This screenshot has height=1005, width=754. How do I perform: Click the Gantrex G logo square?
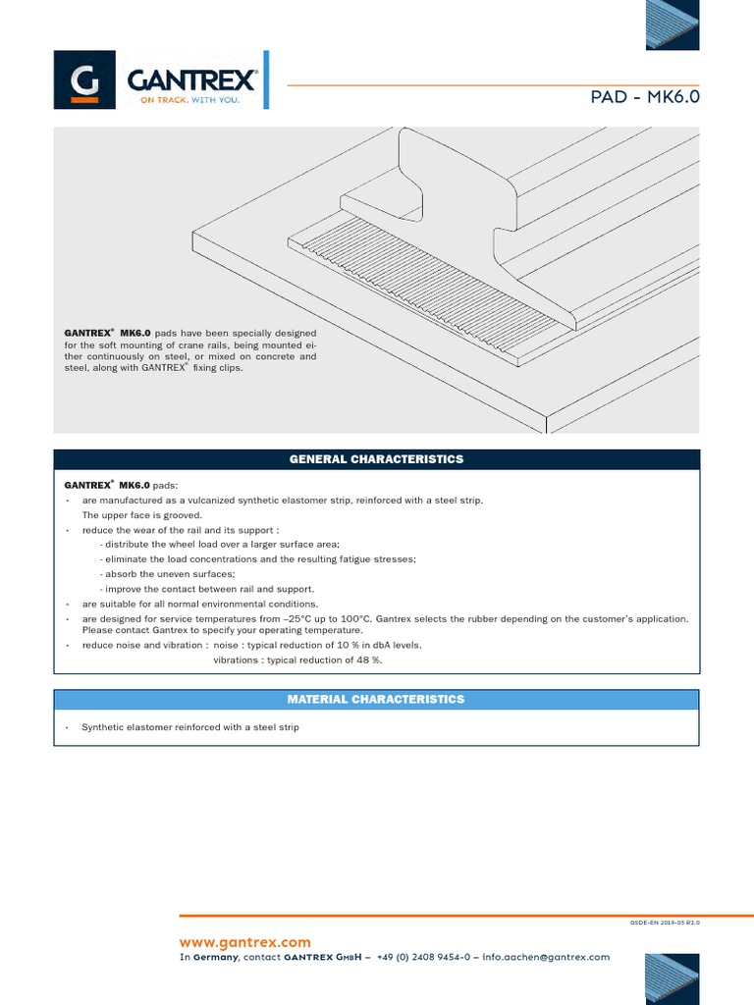coord(85,81)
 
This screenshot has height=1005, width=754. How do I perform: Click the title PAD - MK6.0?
coord(645,98)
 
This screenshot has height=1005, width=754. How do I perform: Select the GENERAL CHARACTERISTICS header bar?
coord(376,459)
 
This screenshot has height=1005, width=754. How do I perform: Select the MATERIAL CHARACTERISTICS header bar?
coord(376,700)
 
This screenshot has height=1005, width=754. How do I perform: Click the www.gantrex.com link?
coord(244,942)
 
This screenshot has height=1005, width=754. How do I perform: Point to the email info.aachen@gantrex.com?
coord(546,957)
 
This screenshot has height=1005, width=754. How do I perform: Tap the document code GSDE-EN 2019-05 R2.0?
coord(665,924)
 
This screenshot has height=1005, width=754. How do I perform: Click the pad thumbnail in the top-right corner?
coord(673,24)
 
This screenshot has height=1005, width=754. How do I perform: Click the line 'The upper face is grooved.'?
coord(141,515)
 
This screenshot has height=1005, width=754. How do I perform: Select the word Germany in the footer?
coord(215,957)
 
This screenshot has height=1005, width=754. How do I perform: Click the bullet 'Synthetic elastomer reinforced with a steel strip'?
coord(189,728)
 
